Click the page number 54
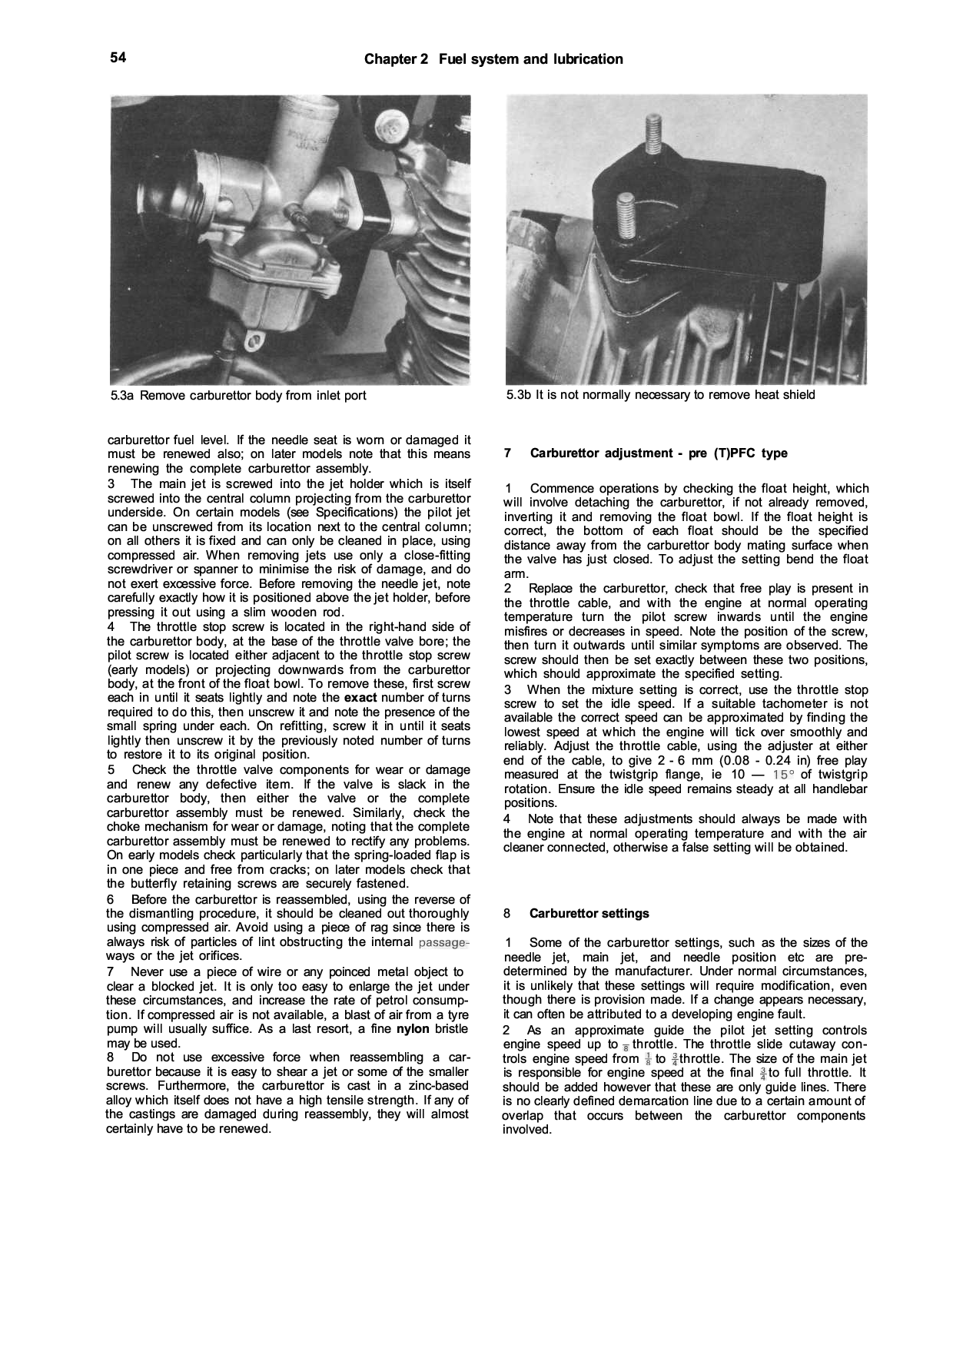(x=118, y=58)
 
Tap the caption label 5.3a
(x=123, y=396)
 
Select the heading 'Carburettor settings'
(x=589, y=914)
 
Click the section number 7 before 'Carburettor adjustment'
(x=508, y=453)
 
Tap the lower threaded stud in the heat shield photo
(x=626, y=217)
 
